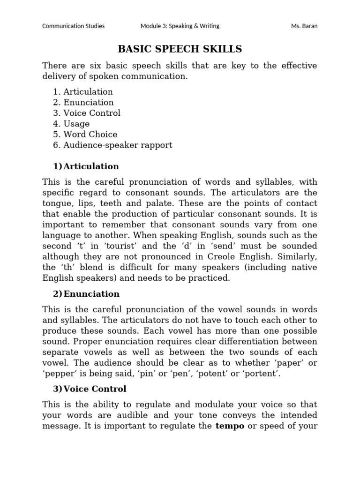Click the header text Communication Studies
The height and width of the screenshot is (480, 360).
tap(74, 26)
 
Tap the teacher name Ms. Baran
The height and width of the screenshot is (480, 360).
tap(304, 26)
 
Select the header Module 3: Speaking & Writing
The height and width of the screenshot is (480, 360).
tap(180, 26)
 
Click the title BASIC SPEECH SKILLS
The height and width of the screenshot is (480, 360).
tap(180, 49)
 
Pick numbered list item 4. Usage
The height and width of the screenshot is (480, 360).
tap(71, 124)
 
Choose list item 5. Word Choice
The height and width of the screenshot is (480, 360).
tap(85, 135)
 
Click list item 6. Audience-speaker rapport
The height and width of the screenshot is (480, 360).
tap(112, 145)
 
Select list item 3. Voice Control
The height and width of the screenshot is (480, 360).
tap(87, 113)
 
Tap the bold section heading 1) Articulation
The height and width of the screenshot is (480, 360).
tap(86, 166)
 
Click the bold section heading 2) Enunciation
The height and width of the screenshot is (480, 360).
tap(86, 294)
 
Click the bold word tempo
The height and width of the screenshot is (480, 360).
tap(230, 426)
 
